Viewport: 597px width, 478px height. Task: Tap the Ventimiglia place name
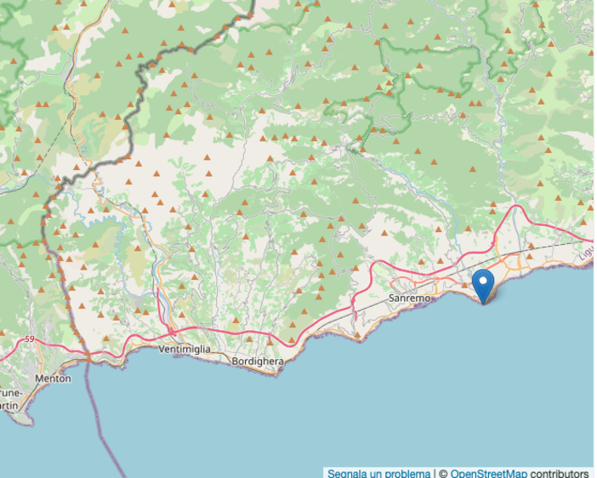point(185,350)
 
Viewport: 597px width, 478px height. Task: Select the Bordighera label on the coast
point(257,361)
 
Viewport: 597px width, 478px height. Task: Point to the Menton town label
point(53,378)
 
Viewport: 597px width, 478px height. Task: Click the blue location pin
point(483,287)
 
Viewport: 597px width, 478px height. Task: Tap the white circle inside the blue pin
point(483,281)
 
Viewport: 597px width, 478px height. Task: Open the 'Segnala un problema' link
point(378,473)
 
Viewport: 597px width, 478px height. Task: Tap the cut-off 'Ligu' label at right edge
point(586,253)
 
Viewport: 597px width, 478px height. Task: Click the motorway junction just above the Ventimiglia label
point(170,329)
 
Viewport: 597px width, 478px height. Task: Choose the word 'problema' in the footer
point(407,473)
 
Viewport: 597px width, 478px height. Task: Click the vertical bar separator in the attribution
point(435,473)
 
